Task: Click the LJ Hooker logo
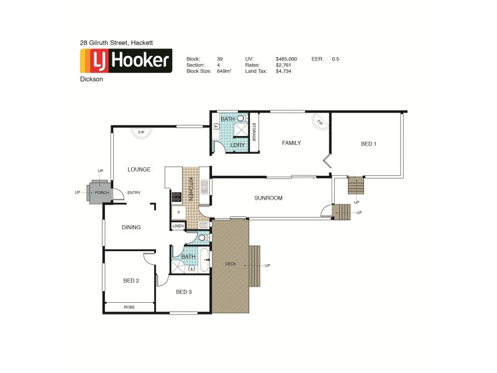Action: point(126,61)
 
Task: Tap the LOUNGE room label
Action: point(140,169)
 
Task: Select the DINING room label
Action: point(130,228)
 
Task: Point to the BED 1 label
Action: point(368,144)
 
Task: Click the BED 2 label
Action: point(130,280)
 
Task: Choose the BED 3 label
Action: point(184,292)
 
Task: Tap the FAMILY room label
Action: point(291,143)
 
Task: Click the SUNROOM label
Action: point(268,198)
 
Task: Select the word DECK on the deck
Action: point(230,264)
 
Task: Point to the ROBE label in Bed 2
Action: point(129,307)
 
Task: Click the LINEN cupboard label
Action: point(178,226)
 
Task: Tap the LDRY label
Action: point(237,145)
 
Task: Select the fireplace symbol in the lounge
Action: point(141,132)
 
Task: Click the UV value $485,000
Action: point(286,59)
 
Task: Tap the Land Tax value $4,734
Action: point(283,71)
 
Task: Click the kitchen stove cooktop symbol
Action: point(176,197)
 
